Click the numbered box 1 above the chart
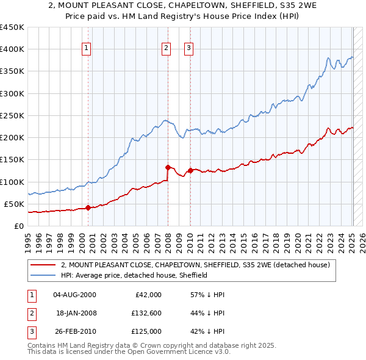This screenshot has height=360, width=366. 87,48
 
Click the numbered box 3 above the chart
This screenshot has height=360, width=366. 188,48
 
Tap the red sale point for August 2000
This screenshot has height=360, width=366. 88,207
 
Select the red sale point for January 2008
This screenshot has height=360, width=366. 167,167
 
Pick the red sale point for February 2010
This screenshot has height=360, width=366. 190,170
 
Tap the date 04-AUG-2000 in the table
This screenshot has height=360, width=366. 74,295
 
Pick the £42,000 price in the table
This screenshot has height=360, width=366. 148,295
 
